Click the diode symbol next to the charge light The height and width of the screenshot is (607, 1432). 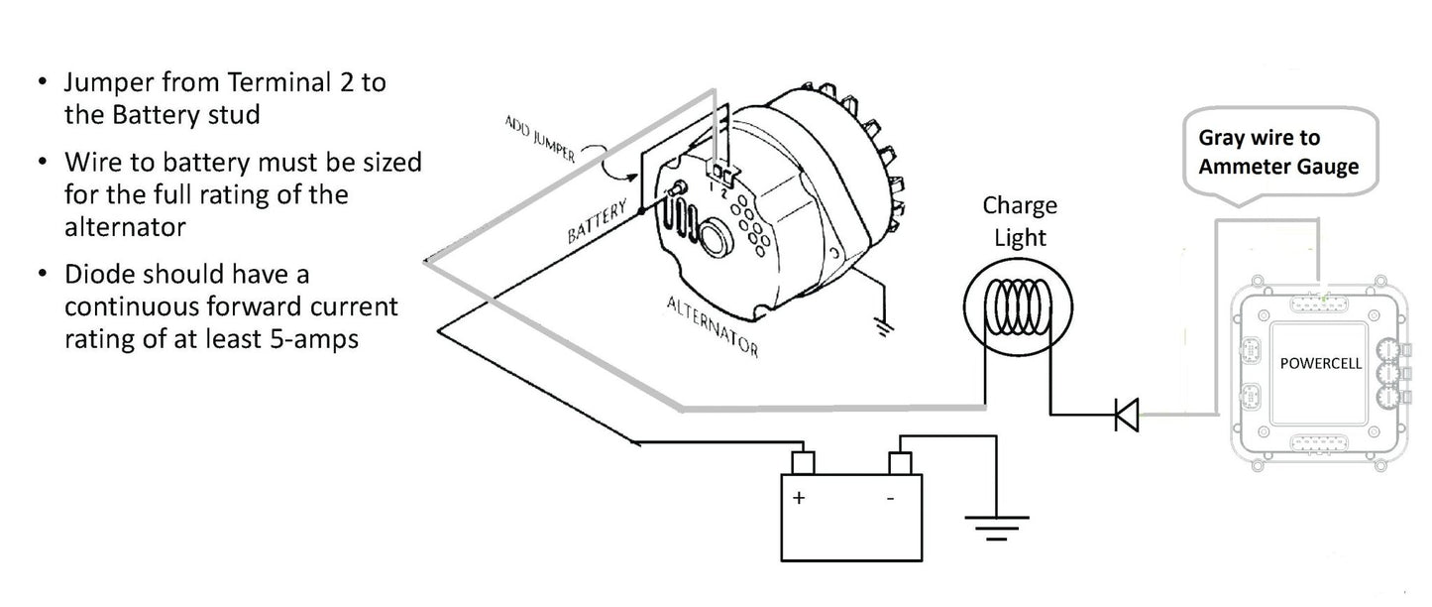(1127, 413)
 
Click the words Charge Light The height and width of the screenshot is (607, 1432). (1020, 221)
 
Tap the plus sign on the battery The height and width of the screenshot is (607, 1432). (799, 498)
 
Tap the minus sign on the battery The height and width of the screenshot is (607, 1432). (889, 498)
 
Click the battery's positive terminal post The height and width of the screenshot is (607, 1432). (802, 462)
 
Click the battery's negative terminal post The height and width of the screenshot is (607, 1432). (900, 462)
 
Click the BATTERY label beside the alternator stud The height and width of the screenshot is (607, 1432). (599, 221)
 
